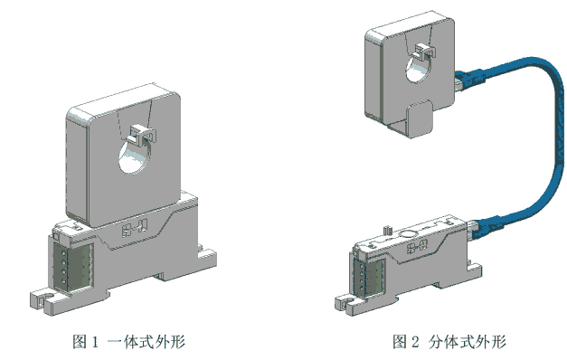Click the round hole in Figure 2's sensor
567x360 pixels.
click(419, 69)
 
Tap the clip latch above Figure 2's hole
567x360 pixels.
click(425, 51)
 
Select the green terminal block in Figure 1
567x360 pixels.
click(73, 267)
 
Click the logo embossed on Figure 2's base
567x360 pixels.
click(418, 247)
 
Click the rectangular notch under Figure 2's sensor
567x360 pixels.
click(420, 118)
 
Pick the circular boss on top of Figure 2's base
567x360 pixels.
click(409, 234)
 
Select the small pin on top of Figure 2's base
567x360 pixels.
click(387, 230)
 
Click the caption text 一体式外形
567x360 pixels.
click(146, 342)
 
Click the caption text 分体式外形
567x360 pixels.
click(468, 342)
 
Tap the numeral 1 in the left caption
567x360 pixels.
click(95, 342)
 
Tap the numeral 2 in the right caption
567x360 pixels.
click(415, 342)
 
